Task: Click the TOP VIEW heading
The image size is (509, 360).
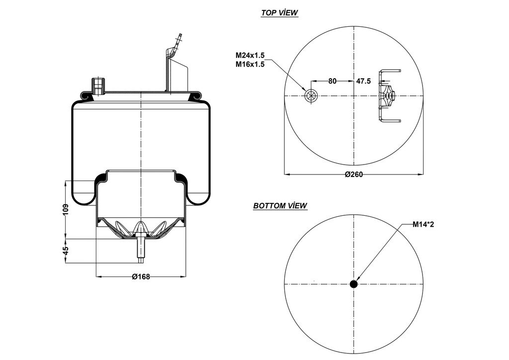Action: click(279, 13)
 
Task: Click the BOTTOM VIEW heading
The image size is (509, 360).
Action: click(280, 205)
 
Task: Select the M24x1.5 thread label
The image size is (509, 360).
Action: click(250, 55)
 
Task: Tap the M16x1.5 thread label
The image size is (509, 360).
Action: click(250, 64)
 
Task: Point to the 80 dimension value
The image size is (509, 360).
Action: click(333, 81)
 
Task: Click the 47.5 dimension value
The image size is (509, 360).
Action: click(363, 81)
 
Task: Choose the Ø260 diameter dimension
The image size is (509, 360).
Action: click(353, 174)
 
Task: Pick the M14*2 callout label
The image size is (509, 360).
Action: click(424, 224)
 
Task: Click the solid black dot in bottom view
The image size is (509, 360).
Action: click(353, 284)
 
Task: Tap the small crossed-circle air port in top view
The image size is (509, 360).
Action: click(311, 96)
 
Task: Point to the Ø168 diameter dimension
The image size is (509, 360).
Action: click(141, 276)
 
